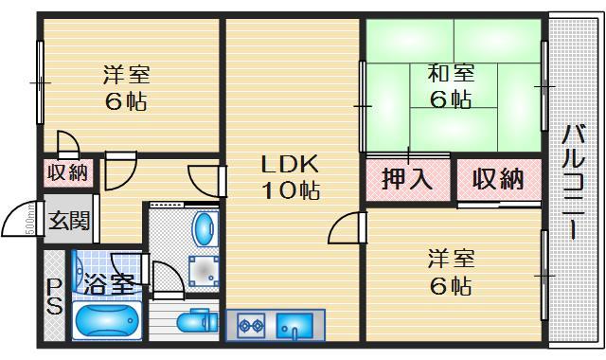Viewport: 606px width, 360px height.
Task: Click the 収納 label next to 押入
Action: coord(499,178)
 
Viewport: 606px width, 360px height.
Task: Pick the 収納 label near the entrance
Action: coord(68,172)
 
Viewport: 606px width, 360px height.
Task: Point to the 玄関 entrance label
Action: coord(68,222)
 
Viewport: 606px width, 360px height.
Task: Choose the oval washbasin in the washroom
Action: coord(203,228)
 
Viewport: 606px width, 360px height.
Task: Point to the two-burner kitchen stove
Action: coord(251,327)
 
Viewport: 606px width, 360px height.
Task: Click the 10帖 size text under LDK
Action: coord(291,189)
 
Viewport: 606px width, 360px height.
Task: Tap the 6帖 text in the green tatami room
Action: coord(450,99)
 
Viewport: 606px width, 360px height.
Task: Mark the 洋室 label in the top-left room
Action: coord(125,75)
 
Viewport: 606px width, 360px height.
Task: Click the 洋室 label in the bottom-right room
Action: coord(450,258)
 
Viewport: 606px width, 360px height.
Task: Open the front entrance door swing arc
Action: coord(21,225)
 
